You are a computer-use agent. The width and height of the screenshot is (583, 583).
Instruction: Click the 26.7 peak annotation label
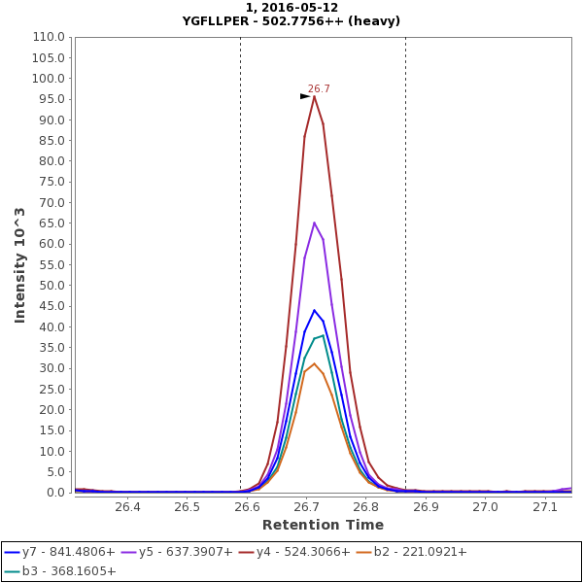(319, 88)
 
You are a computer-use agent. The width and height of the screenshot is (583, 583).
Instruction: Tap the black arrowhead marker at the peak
(305, 95)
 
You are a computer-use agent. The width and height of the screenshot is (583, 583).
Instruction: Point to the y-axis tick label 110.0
(50, 37)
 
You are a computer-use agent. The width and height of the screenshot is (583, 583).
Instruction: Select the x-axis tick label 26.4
(127, 507)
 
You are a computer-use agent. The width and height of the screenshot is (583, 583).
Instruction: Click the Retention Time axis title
(323, 525)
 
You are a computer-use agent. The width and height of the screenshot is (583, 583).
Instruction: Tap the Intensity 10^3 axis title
(20, 264)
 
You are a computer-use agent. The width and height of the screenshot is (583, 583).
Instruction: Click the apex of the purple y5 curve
(314, 223)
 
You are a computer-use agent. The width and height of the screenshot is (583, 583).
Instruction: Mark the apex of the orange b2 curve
(314, 363)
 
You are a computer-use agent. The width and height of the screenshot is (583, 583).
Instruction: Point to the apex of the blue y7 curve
(314, 310)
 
